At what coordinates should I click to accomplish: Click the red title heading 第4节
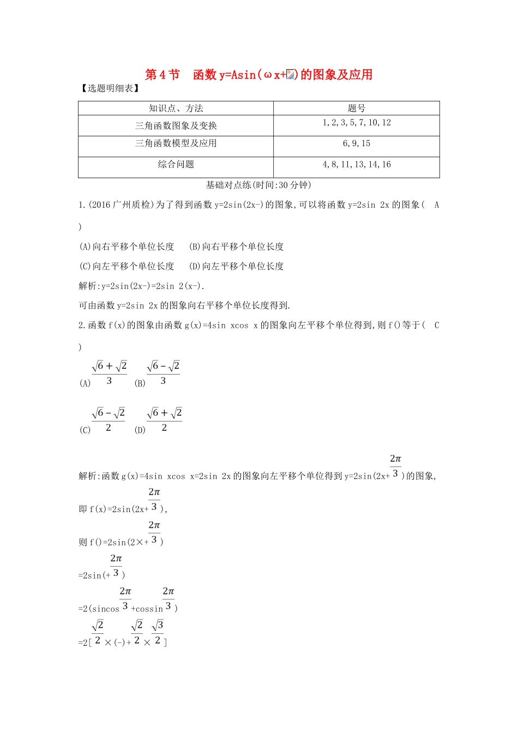pyautogui.click(x=162, y=75)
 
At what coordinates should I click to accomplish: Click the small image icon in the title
pyautogui.click(x=291, y=75)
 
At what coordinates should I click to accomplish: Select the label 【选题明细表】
pyautogui.click(x=110, y=88)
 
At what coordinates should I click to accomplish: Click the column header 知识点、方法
pyautogui.click(x=176, y=108)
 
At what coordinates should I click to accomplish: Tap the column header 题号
pyautogui.click(x=356, y=108)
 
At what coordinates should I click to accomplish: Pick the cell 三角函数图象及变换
pyautogui.click(x=176, y=125)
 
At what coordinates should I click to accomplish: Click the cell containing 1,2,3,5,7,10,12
pyautogui.click(x=356, y=123)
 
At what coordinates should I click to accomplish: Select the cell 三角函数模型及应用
pyautogui.click(x=176, y=143)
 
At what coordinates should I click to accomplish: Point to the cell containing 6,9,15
pyautogui.click(x=356, y=143)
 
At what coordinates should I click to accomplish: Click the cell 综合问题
pyautogui.click(x=176, y=164)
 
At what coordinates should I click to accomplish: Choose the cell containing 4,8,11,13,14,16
pyautogui.click(x=356, y=164)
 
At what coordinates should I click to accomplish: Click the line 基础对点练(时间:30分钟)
pyautogui.click(x=258, y=185)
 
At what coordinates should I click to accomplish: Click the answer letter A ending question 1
pyautogui.click(x=436, y=205)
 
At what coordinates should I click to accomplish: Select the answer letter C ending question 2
pyautogui.click(x=436, y=325)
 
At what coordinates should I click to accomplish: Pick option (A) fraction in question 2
pyautogui.click(x=109, y=373)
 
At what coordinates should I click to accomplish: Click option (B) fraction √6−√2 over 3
pyautogui.click(x=163, y=373)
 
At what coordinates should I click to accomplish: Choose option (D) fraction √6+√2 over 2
pyautogui.click(x=164, y=420)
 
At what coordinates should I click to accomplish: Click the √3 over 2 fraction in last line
pyautogui.click(x=158, y=633)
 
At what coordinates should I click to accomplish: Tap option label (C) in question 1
pyautogui.click(x=85, y=266)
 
